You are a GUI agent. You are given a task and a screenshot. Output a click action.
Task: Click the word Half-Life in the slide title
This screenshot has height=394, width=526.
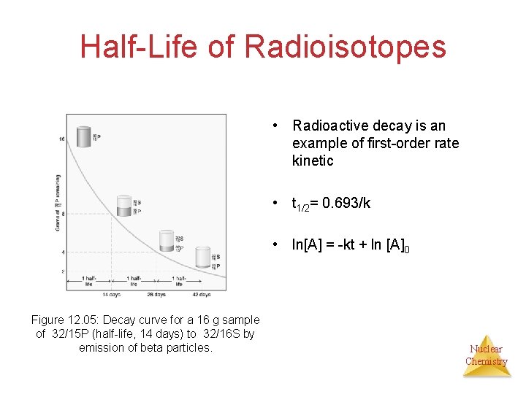(138, 47)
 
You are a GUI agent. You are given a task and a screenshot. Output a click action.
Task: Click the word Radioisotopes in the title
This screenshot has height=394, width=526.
(345, 47)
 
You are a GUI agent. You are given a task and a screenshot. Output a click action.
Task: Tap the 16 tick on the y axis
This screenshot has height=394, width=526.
(62, 138)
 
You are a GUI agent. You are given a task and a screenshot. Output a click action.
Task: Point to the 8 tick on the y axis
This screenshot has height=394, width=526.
(64, 214)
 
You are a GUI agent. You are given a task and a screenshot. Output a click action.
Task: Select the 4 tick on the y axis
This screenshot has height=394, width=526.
(64, 252)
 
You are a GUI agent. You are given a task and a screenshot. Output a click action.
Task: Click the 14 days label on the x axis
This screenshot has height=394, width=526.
(110, 294)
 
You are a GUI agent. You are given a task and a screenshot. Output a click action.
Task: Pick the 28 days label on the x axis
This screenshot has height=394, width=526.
(156, 294)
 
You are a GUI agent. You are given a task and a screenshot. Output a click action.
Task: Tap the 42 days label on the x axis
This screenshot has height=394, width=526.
(201, 294)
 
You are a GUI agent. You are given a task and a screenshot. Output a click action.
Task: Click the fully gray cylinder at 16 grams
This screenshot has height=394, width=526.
(84, 137)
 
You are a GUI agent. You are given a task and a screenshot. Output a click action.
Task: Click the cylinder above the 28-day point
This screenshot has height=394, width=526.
(167, 241)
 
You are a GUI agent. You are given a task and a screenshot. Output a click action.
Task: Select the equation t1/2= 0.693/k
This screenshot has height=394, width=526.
(331, 204)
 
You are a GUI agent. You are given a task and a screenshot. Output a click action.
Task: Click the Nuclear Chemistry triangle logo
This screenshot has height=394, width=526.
(487, 355)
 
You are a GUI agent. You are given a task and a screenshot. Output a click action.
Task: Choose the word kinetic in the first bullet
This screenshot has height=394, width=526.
(312, 161)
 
